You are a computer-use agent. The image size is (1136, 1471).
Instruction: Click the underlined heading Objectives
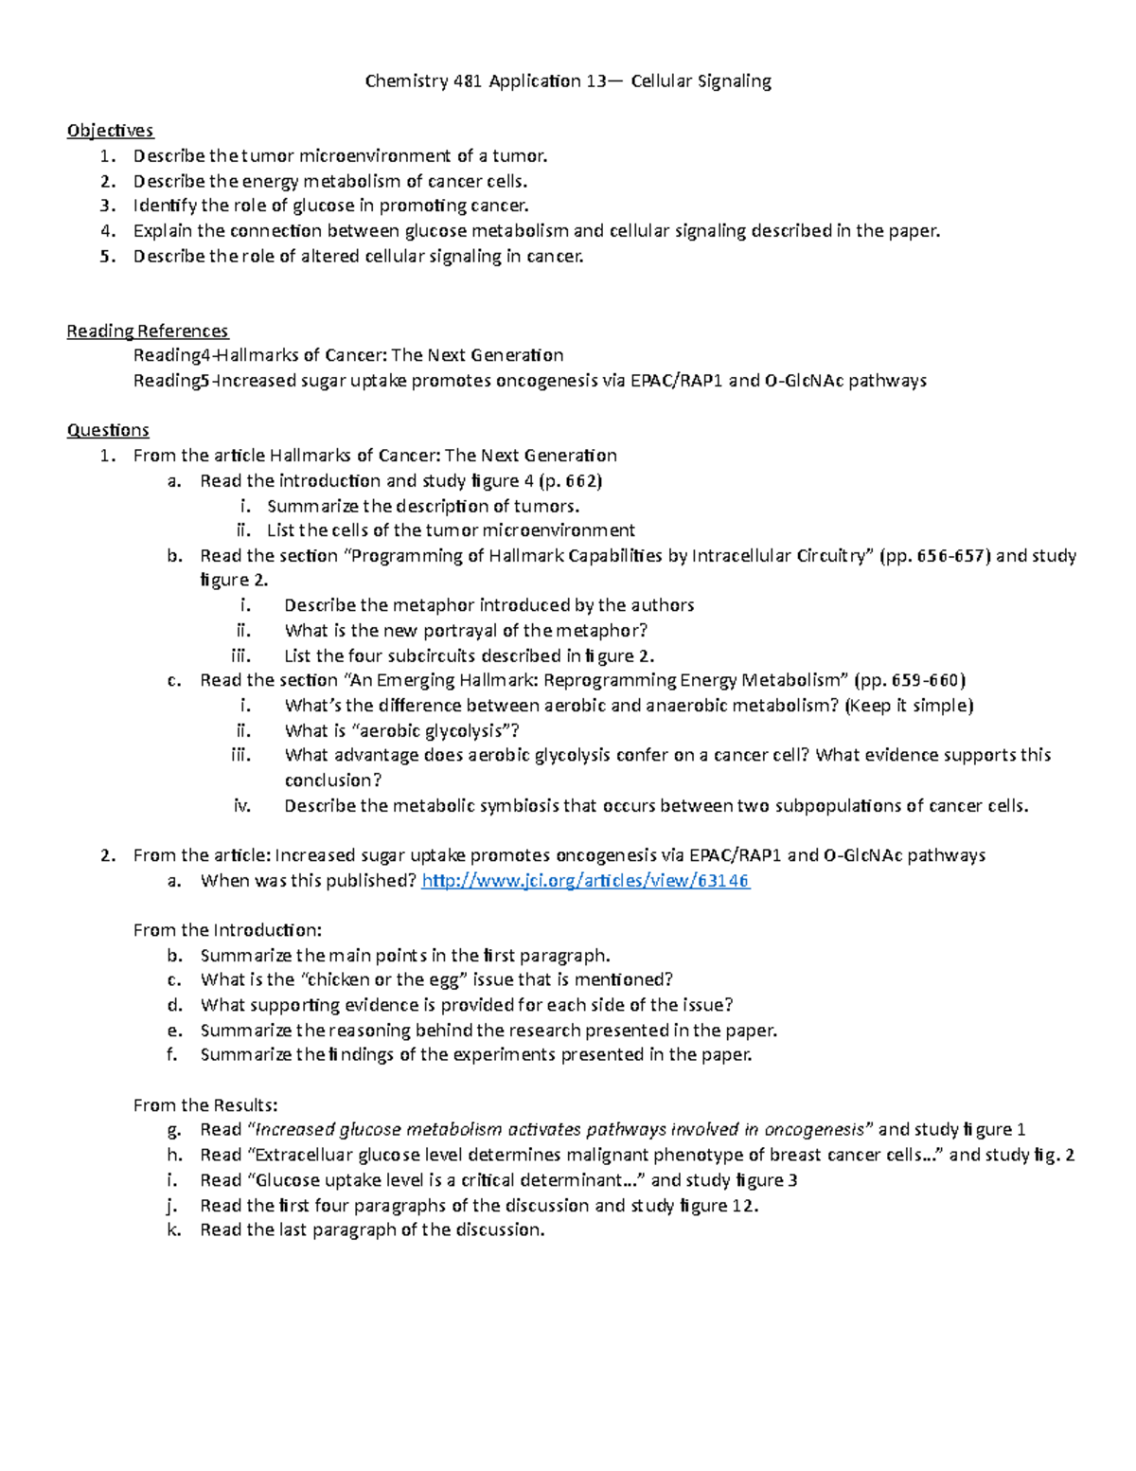pyautogui.click(x=110, y=131)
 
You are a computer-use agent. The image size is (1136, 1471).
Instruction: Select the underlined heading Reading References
pyautogui.click(x=147, y=331)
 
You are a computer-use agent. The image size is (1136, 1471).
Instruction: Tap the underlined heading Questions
pyautogui.click(x=108, y=430)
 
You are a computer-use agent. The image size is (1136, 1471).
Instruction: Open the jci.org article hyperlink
pyautogui.click(x=585, y=881)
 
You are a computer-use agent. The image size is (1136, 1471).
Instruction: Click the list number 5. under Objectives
pyautogui.click(x=109, y=256)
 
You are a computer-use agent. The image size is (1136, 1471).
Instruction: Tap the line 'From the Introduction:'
pyautogui.click(x=227, y=930)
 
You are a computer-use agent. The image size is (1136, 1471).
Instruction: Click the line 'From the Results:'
pyautogui.click(x=205, y=1104)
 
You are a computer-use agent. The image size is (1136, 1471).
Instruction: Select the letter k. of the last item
pyautogui.click(x=173, y=1229)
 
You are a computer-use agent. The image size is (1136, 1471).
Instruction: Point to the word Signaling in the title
pyautogui.click(x=735, y=81)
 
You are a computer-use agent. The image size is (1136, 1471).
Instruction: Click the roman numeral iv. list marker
pyautogui.click(x=242, y=806)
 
